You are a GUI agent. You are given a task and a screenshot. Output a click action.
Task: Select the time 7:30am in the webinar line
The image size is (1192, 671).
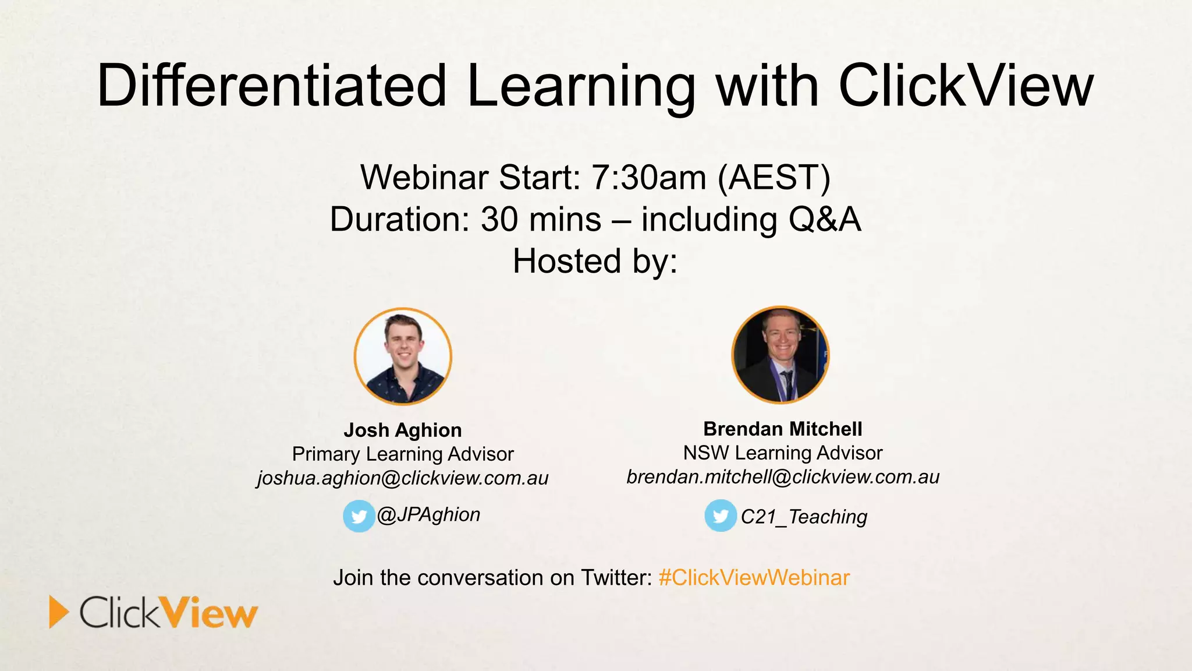tap(648, 177)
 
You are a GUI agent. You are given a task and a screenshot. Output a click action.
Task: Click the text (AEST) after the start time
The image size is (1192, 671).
tap(774, 177)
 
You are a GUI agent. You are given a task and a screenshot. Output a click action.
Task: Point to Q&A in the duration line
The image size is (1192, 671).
tap(824, 220)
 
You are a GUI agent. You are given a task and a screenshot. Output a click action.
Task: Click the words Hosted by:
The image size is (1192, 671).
tap(595, 261)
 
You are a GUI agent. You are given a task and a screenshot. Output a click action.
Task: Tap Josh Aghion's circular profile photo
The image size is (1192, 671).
tap(403, 356)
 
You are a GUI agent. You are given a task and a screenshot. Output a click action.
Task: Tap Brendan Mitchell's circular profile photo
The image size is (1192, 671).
tap(780, 355)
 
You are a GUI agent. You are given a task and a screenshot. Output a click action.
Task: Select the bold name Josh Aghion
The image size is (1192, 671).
tap(403, 430)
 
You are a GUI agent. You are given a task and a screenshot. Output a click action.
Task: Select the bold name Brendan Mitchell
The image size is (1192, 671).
tap(783, 429)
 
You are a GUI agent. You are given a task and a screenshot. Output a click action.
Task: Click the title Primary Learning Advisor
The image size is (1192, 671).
tap(403, 454)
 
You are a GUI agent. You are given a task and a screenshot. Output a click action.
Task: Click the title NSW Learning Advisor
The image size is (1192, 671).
tap(783, 453)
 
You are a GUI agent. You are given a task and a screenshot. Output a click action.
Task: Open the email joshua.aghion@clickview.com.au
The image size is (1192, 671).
tap(403, 478)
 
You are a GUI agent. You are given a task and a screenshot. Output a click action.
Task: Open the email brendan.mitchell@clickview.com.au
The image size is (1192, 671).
tap(783, 477)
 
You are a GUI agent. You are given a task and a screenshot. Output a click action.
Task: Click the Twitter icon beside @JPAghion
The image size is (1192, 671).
tap(359, 516)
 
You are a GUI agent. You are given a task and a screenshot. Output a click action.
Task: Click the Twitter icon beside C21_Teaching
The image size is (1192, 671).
tap(721, 515)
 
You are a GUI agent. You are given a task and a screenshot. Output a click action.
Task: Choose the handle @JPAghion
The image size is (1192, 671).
tap(429, 515)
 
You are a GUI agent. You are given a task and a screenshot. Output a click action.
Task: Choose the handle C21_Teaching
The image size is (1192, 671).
tap(804, 517)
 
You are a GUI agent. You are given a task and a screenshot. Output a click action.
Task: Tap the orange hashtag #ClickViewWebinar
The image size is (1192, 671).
tap(754, 578)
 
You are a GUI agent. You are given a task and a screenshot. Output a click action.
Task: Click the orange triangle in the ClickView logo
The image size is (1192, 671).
tap(58, 612)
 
